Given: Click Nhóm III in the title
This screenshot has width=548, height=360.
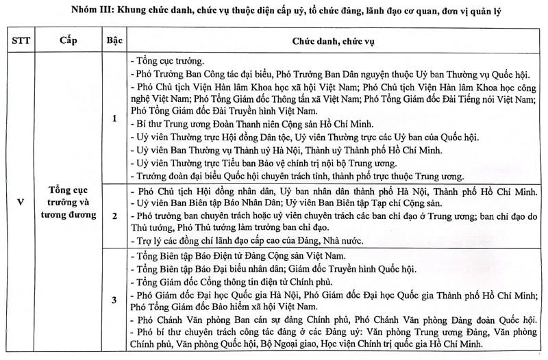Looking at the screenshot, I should pos(110,10).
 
